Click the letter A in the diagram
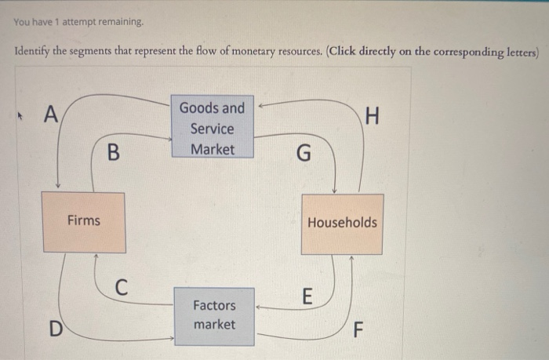coord(51,115)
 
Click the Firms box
coord(83,222)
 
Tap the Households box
coord(342,223)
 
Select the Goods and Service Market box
coord(212,128)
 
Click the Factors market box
coord(214,315)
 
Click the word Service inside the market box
coord(212,129)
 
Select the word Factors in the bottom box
coord(214,304)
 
